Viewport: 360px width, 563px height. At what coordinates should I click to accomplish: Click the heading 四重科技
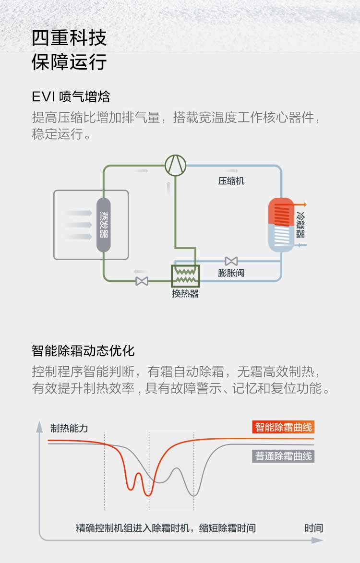69,38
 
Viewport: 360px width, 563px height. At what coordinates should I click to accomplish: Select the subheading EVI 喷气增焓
71,96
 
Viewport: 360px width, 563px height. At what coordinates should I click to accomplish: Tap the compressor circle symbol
175,165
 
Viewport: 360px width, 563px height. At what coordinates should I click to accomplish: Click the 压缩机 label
231,181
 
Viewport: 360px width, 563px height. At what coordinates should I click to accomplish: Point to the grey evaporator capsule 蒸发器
104,225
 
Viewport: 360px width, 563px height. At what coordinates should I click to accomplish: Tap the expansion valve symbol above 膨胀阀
231,261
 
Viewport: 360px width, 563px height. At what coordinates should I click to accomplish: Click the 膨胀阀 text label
231,273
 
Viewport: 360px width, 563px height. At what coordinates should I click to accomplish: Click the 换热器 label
185,294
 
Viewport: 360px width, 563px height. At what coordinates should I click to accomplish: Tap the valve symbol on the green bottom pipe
142,281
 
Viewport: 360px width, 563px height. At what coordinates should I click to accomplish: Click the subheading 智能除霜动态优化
84,350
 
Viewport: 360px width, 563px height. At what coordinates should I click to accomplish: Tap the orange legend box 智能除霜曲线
283,427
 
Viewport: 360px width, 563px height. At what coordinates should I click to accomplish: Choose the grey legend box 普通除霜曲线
283,456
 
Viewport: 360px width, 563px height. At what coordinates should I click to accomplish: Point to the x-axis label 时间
313,528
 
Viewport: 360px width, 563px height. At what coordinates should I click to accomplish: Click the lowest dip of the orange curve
149,494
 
